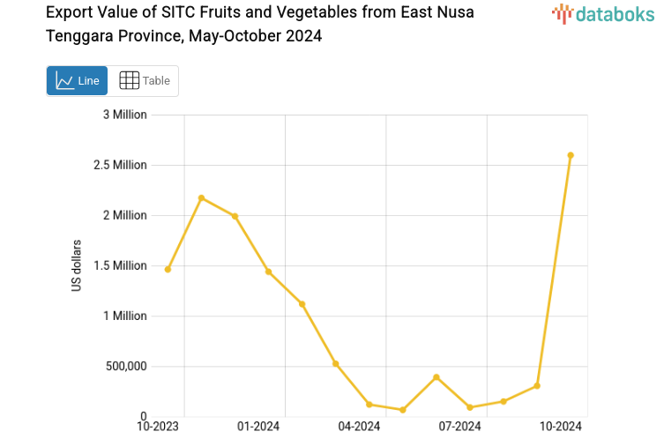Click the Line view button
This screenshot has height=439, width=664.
[77, 80]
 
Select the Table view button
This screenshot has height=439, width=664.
[144, 80]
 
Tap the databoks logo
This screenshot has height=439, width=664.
[603, 12]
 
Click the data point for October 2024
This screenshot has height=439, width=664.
[571, 155]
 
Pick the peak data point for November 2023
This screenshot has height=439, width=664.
[202, 197]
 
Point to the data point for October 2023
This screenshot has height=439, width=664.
[168, 269]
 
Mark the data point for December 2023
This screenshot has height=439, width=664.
[235, 216]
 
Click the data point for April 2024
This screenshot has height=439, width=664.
[369, 404]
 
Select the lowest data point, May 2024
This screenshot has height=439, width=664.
[403, 410]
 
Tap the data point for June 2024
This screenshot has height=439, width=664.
[436, 377]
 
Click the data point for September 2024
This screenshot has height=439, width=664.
[537, 386]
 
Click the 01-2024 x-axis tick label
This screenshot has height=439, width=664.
[258, 427]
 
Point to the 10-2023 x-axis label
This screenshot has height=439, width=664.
[158, 427]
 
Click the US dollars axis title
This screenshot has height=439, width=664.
[77, 265]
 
